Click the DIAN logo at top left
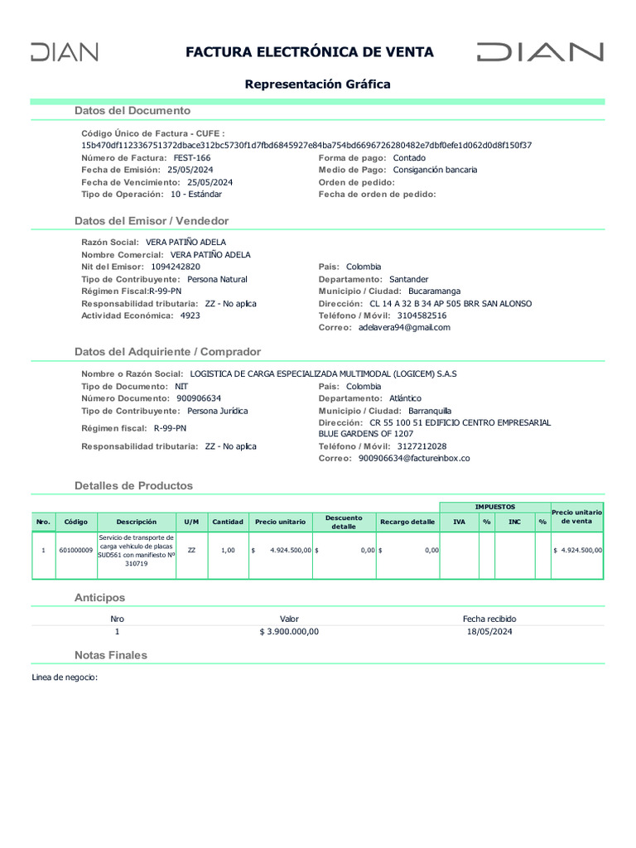pyautogui.click(x=65, y=52)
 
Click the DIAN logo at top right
pyautogui.click(x=540, y=52)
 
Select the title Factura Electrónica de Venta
pyautogui.click(x=309, y=52)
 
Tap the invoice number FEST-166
pyautogui.click(x=191, y=157)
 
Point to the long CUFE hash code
pyautogui.click(x=306, y=145)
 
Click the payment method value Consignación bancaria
pyautogui.click(x=435, y=170)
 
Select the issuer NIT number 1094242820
pyautogui.click(x=176, y=267)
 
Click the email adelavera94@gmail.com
pyautogui.click(x=404, y=327)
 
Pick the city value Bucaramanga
pyautogui.click(x=434, y=291)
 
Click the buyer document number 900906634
pyautogui.click(x=199, y=398)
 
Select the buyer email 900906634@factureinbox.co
pyautogui.click(x=414, y=458)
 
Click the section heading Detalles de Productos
pyautogui.click(x=133, y=485)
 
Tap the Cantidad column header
pyautogui.click(x=228, y=522)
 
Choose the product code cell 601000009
pyautogui.click(x=76, y=550)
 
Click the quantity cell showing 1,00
pyautogui.click(x=228, y=550)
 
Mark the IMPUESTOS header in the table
pyautogui.click(x=494, y=507)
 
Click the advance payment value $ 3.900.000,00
pyautogui.click(x=289, y=631)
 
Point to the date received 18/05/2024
pyautogui.click(x=489, y=631)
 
